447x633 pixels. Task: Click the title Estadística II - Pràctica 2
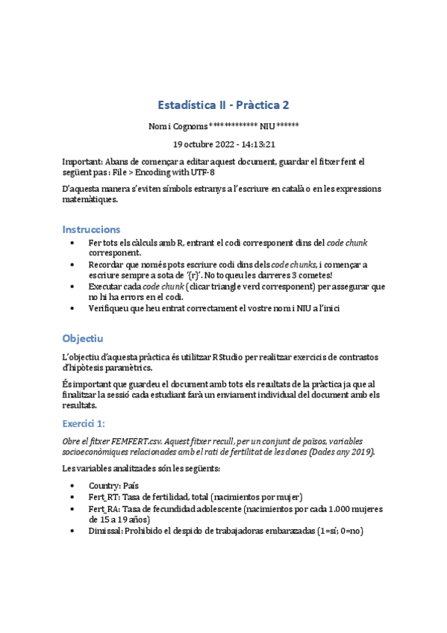tap(223, 105)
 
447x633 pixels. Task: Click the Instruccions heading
tap(91, 228)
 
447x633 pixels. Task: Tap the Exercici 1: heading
tap(85, 422)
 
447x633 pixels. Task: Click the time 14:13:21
tap(258, 144)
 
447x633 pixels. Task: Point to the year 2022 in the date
tap(223, 144)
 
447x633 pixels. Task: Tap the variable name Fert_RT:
tap(104, 496)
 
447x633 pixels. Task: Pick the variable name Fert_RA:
tap(104, 508)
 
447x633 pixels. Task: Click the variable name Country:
tap(104, 485)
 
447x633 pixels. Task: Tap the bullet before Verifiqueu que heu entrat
tap(70, 307)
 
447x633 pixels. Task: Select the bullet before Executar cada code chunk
tap(70, 286)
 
